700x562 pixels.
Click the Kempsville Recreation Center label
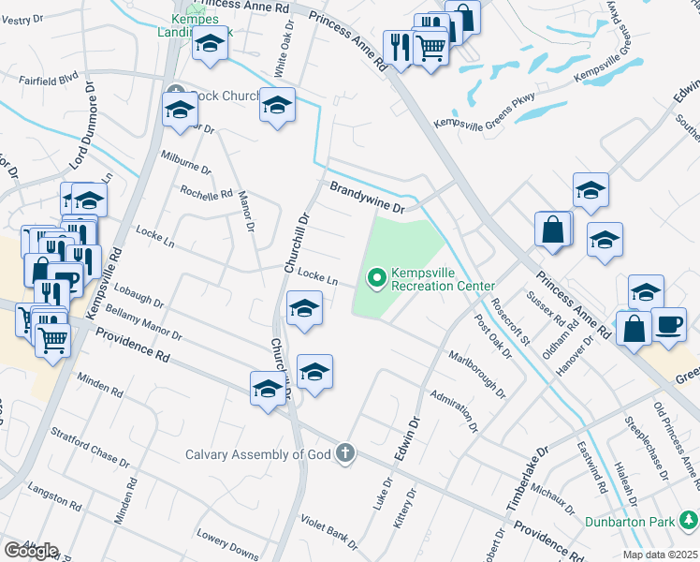[442, 277]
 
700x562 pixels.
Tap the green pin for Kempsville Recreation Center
[377, 277]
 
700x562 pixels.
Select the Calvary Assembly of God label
[259, 454]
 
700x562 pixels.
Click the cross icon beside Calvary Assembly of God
[345, 454]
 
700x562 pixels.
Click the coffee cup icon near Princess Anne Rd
[668, 324]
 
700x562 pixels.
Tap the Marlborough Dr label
[476, 373]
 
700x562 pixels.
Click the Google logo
[31, 551]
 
